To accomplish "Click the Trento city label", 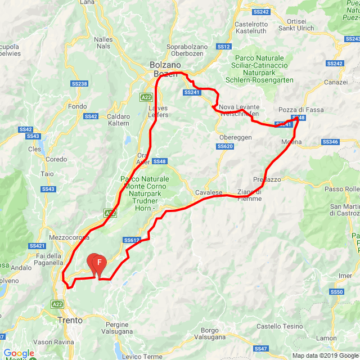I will coord(70,320).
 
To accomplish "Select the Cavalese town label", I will coord(209,192).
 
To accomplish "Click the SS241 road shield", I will coord(191,92).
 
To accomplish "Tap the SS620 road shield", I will coord(225,146).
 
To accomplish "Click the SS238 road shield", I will coord(79,84).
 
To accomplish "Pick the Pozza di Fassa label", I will coord(301,110).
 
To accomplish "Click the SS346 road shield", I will coord(330,142).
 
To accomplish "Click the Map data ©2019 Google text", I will coord(325,355).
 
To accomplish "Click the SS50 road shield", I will coord(337,292).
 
